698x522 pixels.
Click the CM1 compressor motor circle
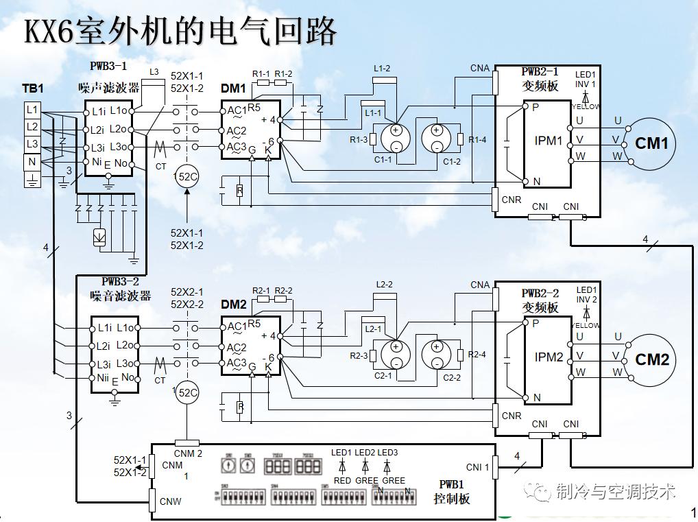click(x=651, y=143)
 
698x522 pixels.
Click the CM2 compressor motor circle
click(x=651, y=359)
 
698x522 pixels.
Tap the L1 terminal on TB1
click(x=32, y=110)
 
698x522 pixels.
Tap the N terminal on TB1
click(x=32, y=162)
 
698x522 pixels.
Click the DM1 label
click(x=233, y=88)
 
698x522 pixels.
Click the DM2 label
click(x=233, y=304)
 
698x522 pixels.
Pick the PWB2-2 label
click(x=540, y=293)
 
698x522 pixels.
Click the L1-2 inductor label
click(x=382, y=69)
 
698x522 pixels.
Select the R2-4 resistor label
click(x=477, y=355)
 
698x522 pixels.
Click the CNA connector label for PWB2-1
click(x=480, y=68)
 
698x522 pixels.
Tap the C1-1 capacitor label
click(x=383, y=160)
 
